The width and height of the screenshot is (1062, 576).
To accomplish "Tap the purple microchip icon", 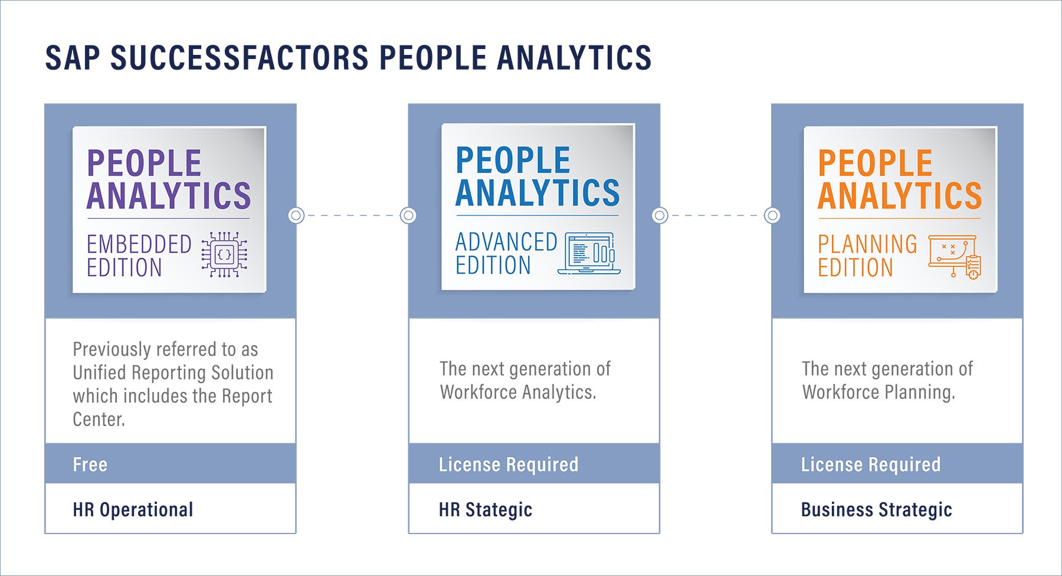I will pos(225,254).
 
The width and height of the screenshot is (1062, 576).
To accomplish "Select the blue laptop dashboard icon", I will pos(589,253).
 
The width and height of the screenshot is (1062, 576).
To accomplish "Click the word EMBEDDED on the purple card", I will pos(139,244).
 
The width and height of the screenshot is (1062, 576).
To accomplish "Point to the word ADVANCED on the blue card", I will pos(506,242).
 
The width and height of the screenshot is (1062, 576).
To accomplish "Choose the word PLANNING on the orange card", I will pos(867,244).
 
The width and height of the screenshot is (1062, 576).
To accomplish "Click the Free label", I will pos(90,464).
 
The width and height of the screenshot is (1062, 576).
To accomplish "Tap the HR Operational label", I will pos(133,509).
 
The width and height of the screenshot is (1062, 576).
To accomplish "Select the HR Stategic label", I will pos(486,509).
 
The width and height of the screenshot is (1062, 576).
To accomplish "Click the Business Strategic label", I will pos(876,509).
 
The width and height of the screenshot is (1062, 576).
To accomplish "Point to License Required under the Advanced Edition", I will pos(509,464).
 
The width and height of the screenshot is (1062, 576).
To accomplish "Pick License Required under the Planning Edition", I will pos(871,464).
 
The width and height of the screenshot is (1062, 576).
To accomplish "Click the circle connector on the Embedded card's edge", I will pos(296,215).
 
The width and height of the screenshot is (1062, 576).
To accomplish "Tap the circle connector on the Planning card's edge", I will pos(772,215).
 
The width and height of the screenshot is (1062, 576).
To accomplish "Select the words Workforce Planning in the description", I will pos(878,392).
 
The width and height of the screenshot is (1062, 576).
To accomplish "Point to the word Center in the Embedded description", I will pos(98,419).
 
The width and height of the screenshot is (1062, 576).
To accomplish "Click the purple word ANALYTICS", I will pos(169,196).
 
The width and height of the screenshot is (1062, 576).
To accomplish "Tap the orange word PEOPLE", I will pos(875,163).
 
